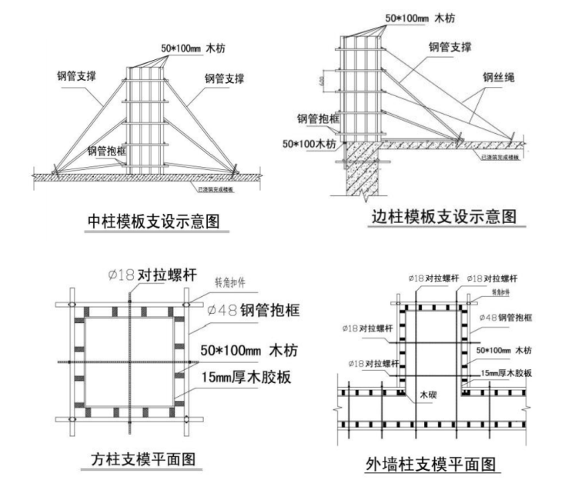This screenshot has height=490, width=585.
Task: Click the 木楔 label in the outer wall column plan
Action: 428,394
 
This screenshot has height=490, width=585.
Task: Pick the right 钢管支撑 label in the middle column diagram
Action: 224,78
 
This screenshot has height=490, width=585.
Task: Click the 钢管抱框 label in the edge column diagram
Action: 317,119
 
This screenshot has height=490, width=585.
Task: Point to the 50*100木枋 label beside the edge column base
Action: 310,144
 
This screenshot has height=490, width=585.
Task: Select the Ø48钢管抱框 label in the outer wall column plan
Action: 507,317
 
